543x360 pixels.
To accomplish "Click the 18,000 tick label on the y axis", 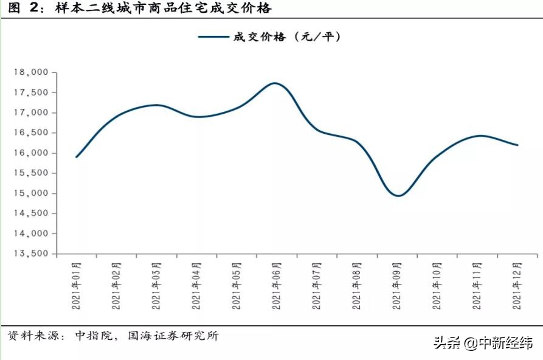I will pos(30,72).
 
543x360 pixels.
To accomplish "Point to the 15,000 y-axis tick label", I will pos(30,193).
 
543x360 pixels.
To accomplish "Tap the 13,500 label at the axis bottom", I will pos(30,254).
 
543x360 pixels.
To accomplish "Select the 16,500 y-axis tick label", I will pos(30,133).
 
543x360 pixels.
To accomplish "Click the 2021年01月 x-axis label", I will pos(77,286).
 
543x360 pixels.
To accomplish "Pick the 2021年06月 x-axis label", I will pos(277,286).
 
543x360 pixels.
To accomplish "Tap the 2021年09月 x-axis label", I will pos(397,286).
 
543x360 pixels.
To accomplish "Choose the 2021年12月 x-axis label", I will pos(517,286).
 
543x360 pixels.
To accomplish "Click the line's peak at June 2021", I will pos(275,83).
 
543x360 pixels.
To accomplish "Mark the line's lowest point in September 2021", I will pos(398,196).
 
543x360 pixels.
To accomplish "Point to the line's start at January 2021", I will pos(77,157).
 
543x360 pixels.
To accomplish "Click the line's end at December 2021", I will pos(517,145).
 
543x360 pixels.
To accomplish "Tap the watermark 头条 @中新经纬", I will pos(483,344).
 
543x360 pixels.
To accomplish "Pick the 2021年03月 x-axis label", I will pos(157,286).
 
